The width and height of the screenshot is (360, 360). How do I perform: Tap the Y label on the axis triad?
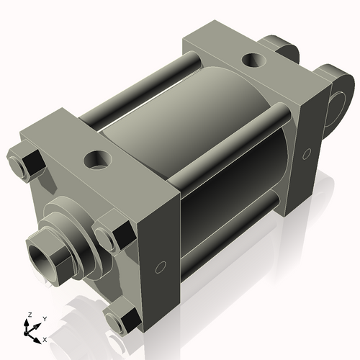pos(44,318)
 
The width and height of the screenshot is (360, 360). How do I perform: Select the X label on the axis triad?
pos(45,338)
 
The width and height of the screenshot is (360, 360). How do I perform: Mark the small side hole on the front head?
pos(161,268)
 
